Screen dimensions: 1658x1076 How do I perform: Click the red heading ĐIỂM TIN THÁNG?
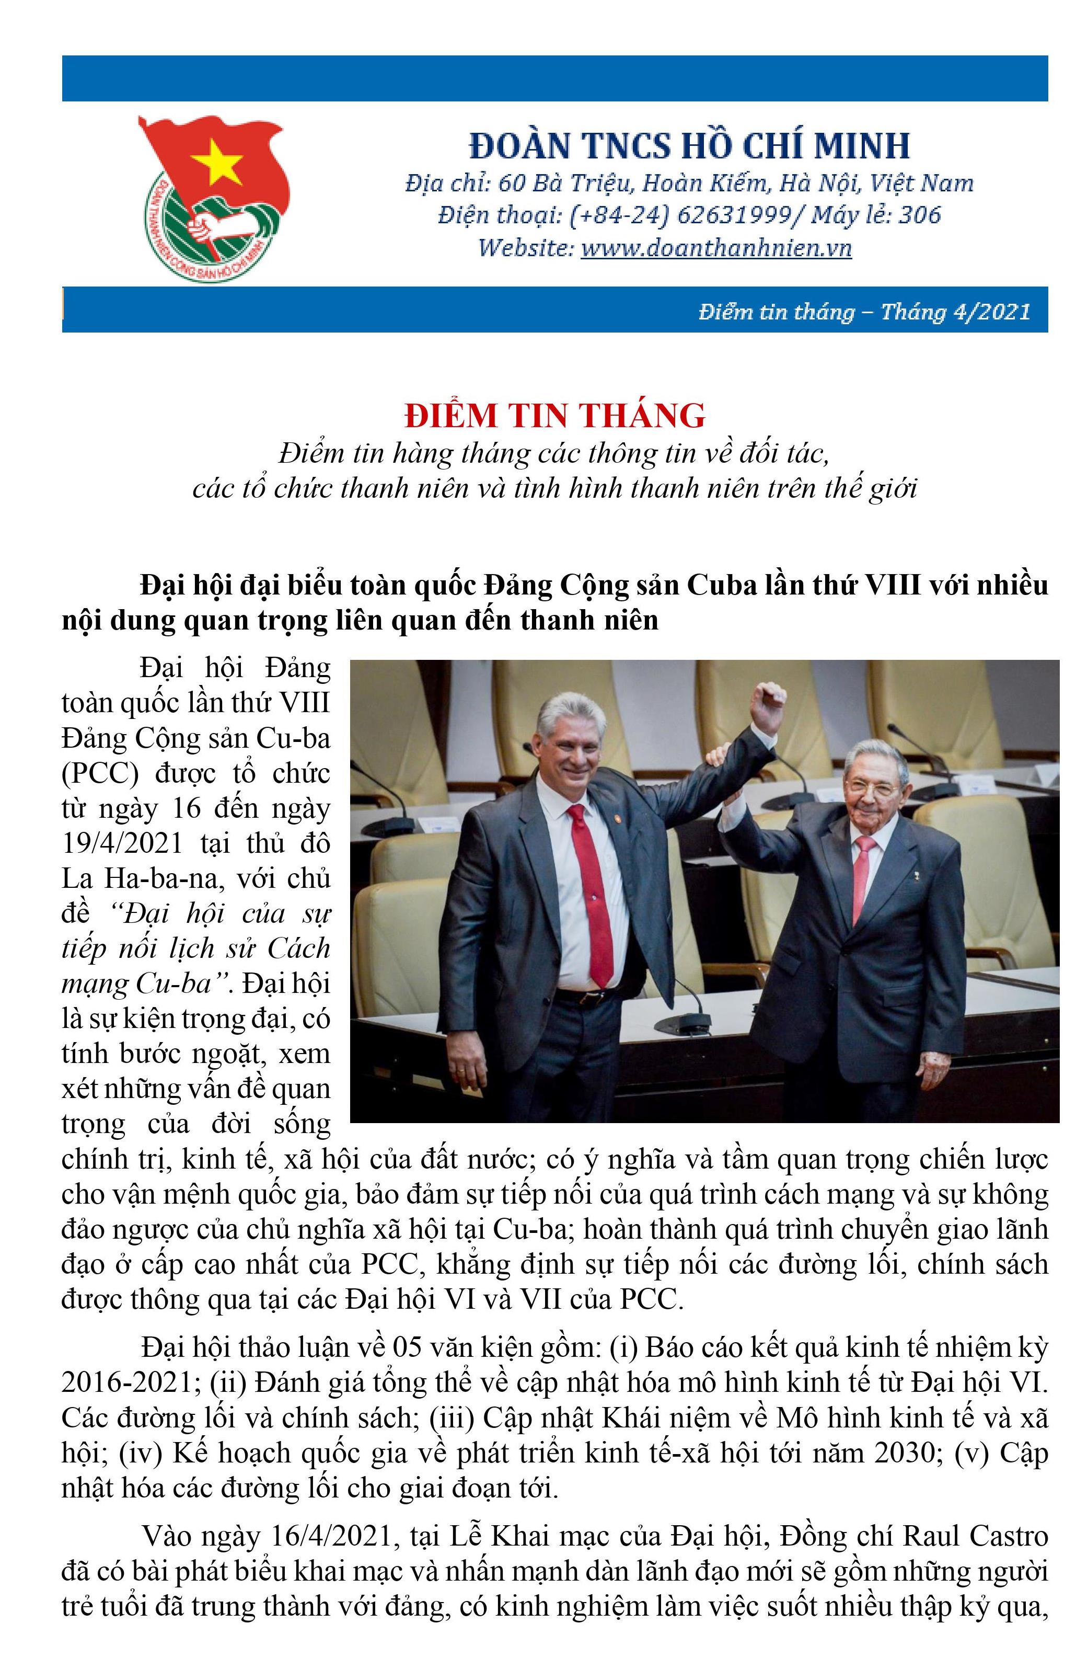555,415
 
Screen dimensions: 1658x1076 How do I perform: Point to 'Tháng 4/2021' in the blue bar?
955,312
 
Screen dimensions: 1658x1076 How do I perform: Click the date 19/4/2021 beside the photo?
122,843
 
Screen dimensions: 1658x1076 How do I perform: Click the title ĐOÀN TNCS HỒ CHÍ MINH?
689,145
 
